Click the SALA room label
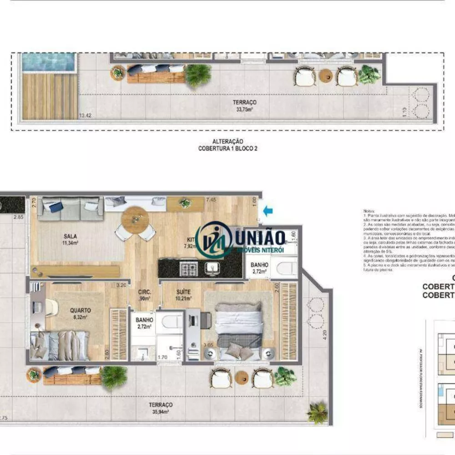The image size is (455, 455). click(x=70, y=236)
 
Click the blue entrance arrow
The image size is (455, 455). click(x=268, y=210)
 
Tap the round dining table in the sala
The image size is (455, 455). click(x=135, y=220)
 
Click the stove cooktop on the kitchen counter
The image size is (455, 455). click(x=189, y=268)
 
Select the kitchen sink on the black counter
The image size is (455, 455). click(x=212, y=268)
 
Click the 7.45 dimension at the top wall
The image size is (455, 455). click(x=210, y=199)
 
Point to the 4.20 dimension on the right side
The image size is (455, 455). click(x=324, y=336)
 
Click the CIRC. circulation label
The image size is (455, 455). click(x=145, y=292)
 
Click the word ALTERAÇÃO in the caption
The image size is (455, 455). click(x=227, y=142)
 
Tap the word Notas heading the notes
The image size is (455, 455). click(x=369, y=211)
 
